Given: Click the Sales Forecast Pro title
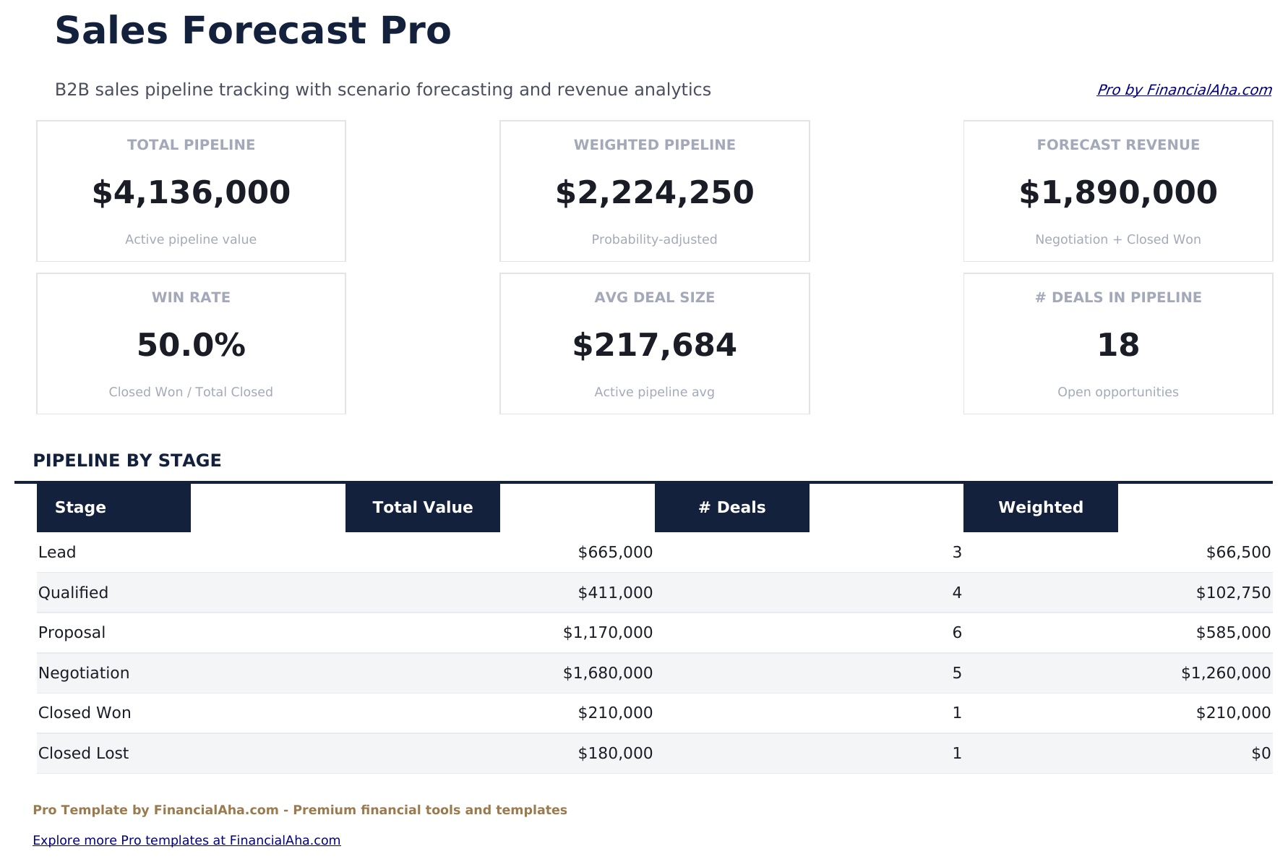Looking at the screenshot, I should (x=253, y=31).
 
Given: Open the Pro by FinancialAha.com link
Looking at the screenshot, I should (x=1183, y=90).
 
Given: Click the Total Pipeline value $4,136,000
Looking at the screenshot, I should (x=191, y=193).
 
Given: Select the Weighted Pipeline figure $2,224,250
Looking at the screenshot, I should (x=654, y=193).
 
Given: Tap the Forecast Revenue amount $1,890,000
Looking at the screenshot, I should (x=1117, y=193).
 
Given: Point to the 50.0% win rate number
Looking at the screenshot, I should (x=191, y=346).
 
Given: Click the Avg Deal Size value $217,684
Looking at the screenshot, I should (x=654, y=346).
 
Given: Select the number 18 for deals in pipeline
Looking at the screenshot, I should (x=1117, y=346).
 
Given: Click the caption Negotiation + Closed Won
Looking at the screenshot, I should (x=1117, y=239).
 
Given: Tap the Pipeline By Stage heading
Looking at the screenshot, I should (x=127, y=461).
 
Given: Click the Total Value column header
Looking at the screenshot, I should (x=423, y=508).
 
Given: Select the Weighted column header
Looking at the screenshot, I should (x=1040, y=508).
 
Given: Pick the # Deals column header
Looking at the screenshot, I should (x=731, y=508).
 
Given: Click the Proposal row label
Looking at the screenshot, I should (x=72, y=633).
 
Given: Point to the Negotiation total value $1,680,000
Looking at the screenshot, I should (x=607, y=673).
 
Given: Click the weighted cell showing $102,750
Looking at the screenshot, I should (x=1232, y=593).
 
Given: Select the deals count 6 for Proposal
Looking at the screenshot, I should (x=957, y=633).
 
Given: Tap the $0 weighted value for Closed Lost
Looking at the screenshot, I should (x=1261, y=754).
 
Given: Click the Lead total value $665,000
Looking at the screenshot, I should (x=615, y=552).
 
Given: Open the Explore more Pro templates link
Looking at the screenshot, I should (x=186, y=840).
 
